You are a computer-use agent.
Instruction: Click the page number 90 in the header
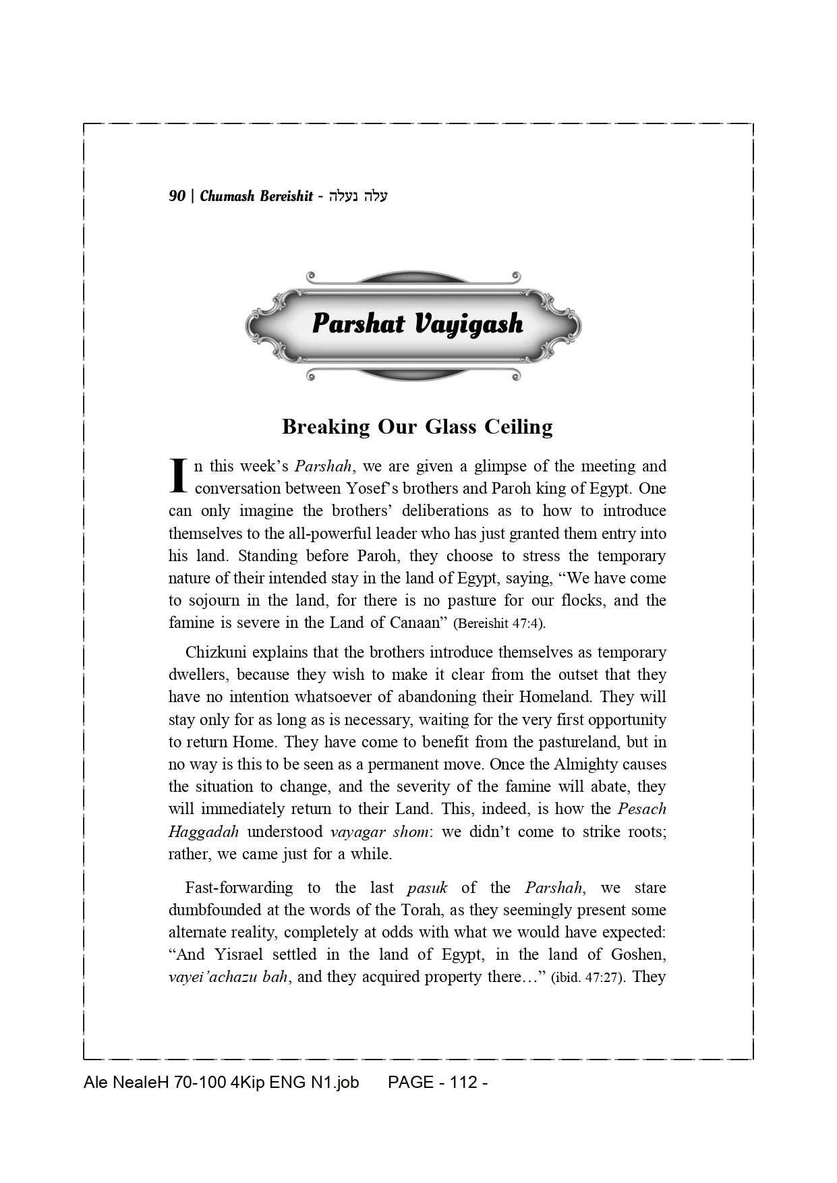(x=177, y=196)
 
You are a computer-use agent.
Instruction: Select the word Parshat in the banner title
(x=358, y=324)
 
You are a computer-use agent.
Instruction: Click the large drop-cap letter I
(x=178, y=475)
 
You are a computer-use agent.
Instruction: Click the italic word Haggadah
(x=203, y=832)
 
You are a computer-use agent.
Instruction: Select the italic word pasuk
(x=427, y=888)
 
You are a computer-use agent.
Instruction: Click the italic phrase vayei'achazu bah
(x=228, y=977)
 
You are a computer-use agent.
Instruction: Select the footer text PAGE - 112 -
(x=438, y=1083)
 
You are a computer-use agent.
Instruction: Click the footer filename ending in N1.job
(x=221, y=1083)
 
